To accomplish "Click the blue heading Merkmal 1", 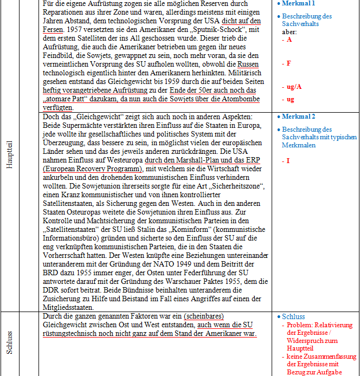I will click(299, 4).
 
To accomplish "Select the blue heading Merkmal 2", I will click(299, 116).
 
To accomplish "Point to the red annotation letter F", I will click(288, 63).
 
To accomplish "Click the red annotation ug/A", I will click(294, 87).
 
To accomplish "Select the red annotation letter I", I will click(288, 161).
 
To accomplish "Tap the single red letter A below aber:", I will click(289, 40).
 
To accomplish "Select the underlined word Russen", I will click(248, 64).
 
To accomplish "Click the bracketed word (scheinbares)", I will click(203, 316).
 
